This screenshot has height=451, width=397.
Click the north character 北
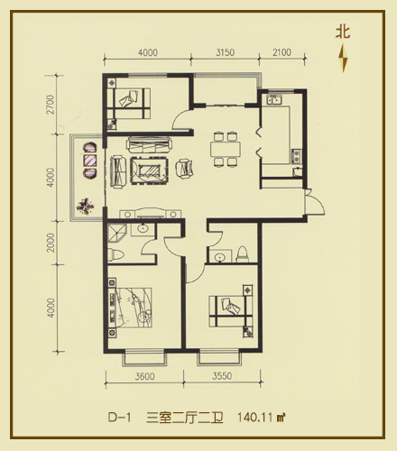pos(343,32)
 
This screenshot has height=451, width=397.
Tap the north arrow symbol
pos(344,58)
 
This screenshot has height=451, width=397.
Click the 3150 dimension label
pos(225,52)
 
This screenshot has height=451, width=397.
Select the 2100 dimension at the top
pos(282,52)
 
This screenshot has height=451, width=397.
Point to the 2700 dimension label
pos(51,105)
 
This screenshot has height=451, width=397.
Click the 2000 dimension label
pos(51,243)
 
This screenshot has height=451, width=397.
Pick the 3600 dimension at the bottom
pos(144,376)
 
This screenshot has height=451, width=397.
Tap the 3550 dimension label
pos(222,376)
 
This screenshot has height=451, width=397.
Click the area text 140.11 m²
pos(262,418)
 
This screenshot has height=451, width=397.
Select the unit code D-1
pos(120,418)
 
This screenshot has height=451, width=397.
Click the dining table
pos(226,150)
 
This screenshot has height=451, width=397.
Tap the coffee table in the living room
pos(149,170)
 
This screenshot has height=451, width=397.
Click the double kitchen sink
pos(274,99)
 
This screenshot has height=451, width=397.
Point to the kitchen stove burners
pos(296,156)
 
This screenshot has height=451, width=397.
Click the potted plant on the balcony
pos(86,206)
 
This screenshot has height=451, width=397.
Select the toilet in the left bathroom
pos(115,255)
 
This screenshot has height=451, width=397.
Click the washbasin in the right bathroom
pos(220,257)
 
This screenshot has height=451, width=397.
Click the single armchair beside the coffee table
pos(184,170)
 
